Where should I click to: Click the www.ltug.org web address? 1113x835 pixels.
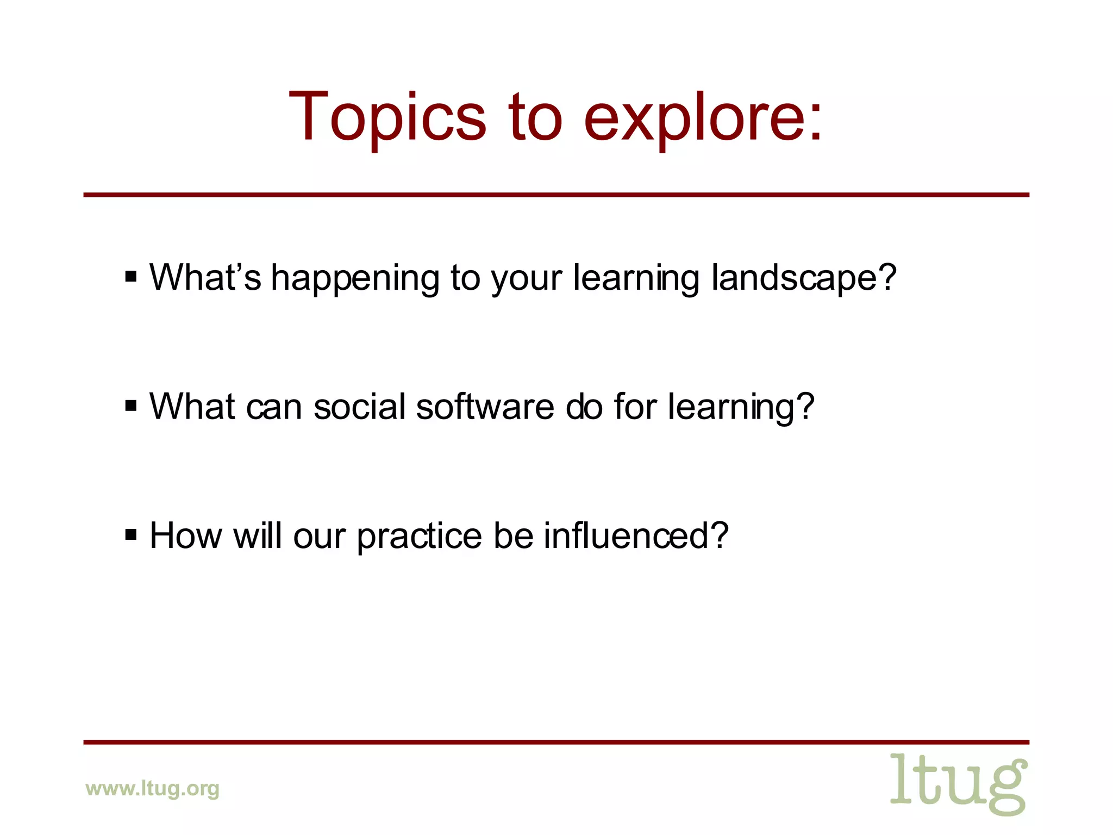point(152,788)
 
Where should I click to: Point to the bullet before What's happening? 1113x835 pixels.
point(131,277)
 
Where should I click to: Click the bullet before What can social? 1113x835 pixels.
point(131,406)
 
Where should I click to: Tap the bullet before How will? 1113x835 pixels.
point(131,535)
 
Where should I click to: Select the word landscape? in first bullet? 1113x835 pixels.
point(803,278)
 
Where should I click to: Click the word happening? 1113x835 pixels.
point(355,278)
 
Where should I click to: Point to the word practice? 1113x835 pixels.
point(419,537)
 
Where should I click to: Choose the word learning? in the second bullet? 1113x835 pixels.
point(741,408)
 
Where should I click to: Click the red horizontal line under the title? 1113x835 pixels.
point(556,195)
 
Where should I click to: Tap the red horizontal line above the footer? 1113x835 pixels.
point(556,741)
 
